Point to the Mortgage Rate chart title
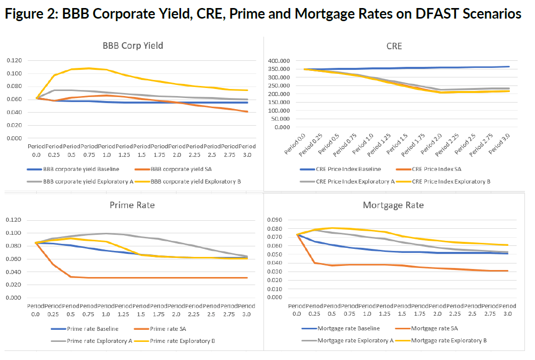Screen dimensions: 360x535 [x=393, y=205]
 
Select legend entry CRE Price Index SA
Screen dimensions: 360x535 [x=438, y=169]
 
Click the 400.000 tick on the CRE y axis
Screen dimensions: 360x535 [x=279, y=61]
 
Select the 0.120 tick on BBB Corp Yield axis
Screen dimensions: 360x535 [x=15, y=60]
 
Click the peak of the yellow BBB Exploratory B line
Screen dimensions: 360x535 [x=88, y=68]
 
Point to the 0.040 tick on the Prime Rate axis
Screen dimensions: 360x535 [x=15, y=272]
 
